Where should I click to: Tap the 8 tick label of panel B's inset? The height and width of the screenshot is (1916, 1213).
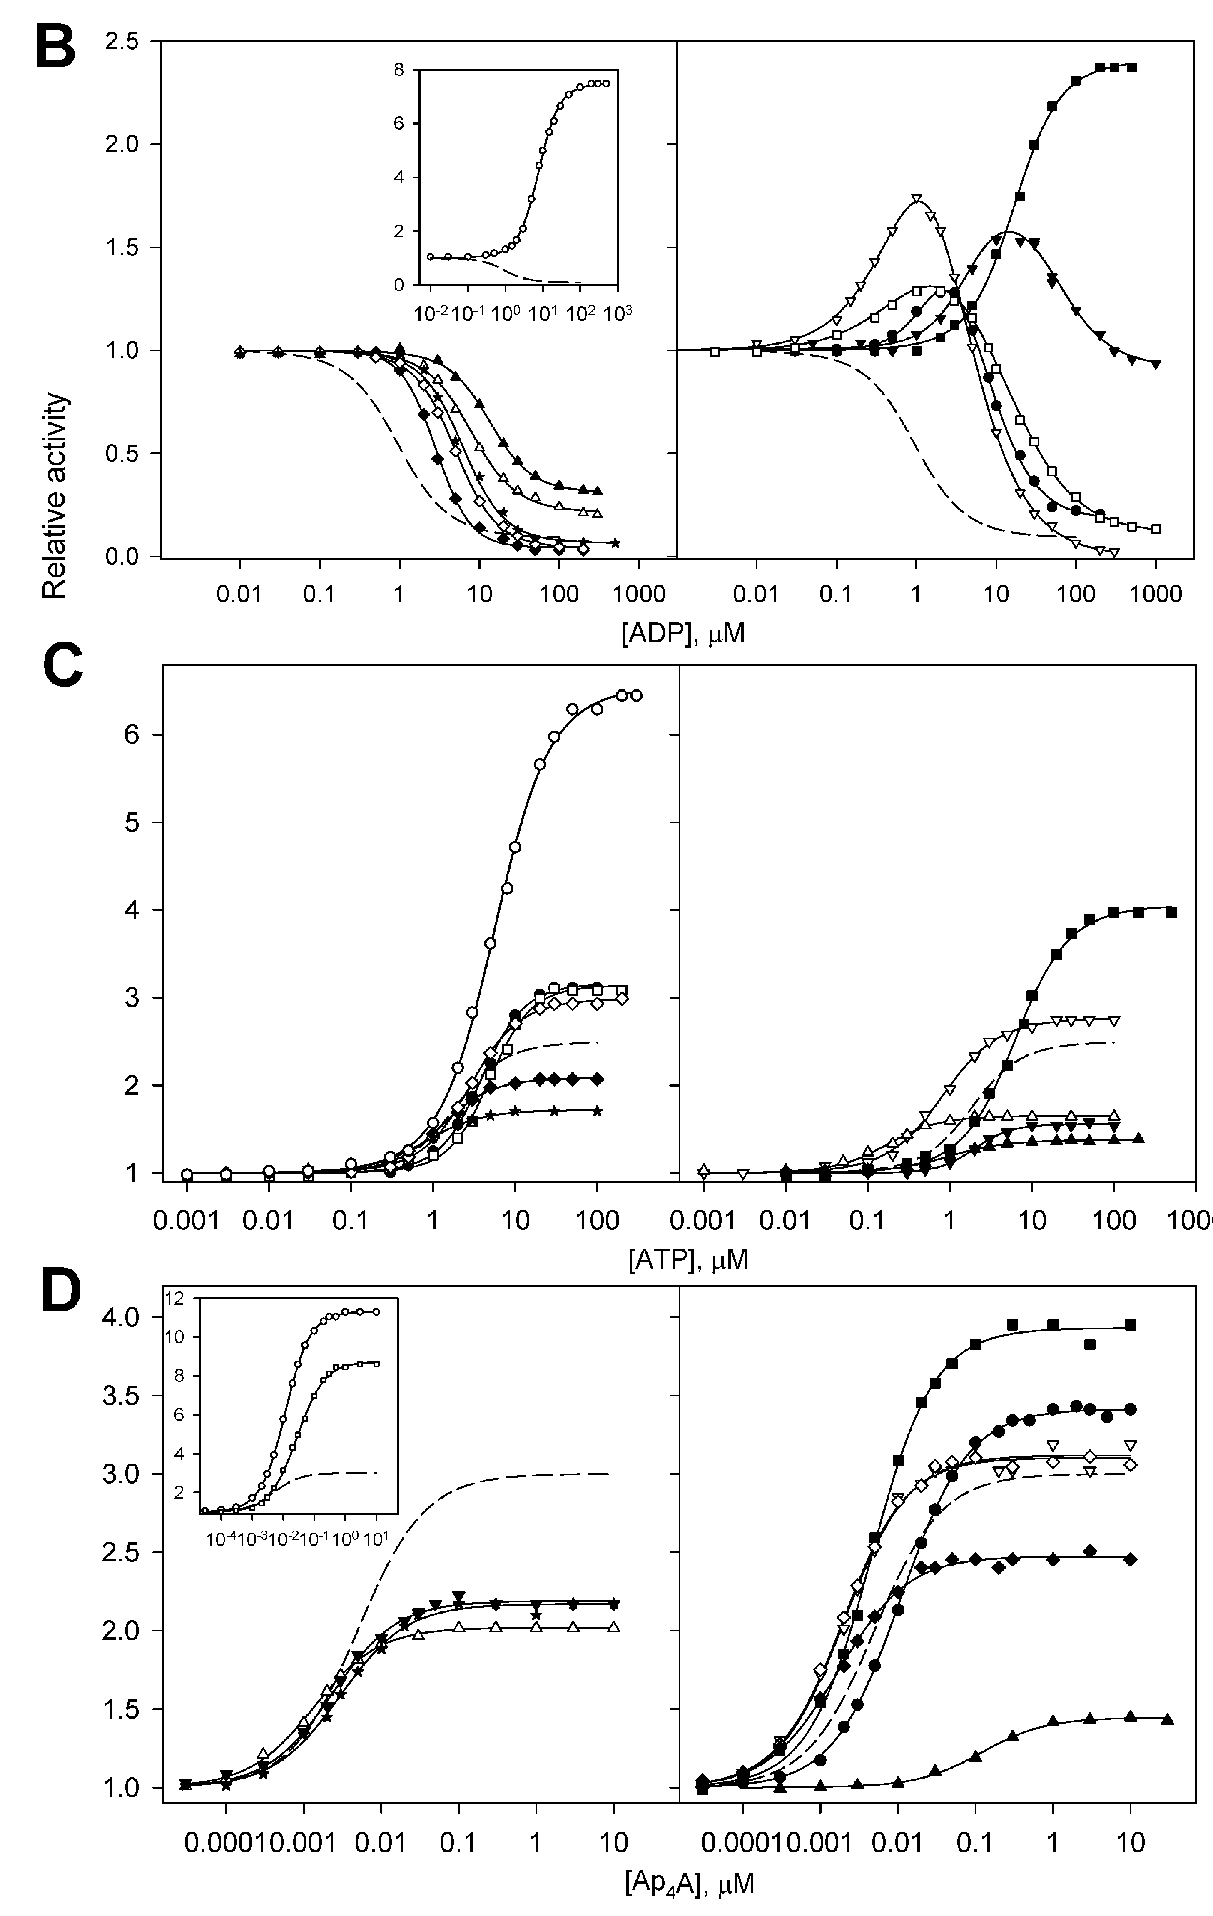[398, 70]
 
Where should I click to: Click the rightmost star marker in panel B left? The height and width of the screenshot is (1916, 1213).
[615, 543]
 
